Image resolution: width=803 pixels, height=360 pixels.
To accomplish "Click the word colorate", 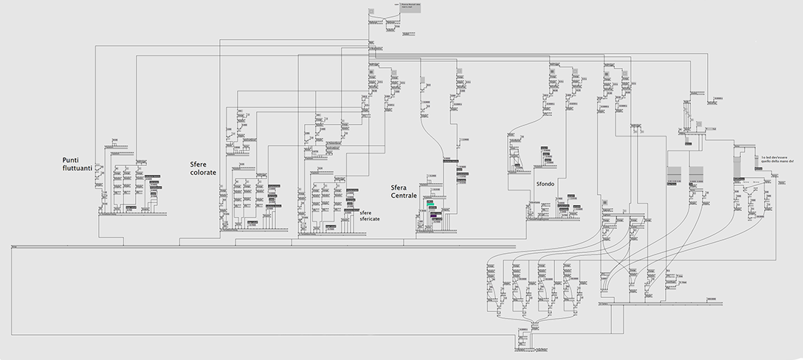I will point(203,173).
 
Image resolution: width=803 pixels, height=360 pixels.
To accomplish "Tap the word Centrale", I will point(404,196).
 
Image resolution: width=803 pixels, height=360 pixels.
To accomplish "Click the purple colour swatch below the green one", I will point(435,215).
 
